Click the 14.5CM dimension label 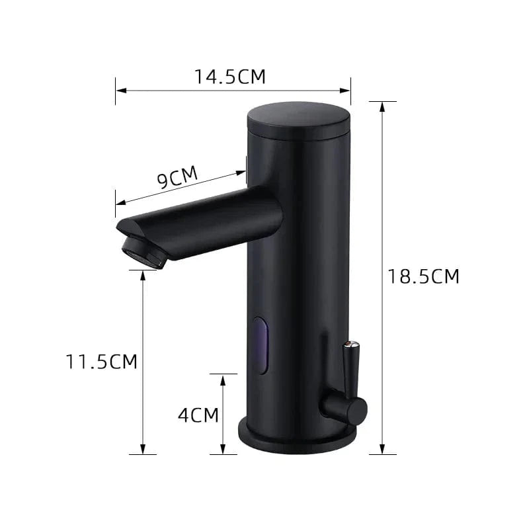[x=230, y=77]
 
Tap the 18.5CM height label [x=423, y=276]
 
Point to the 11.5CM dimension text [x=101, y=362]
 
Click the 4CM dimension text [x=198, y=415]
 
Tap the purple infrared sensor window [x=261, y=345]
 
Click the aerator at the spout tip [x=143, y=253]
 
